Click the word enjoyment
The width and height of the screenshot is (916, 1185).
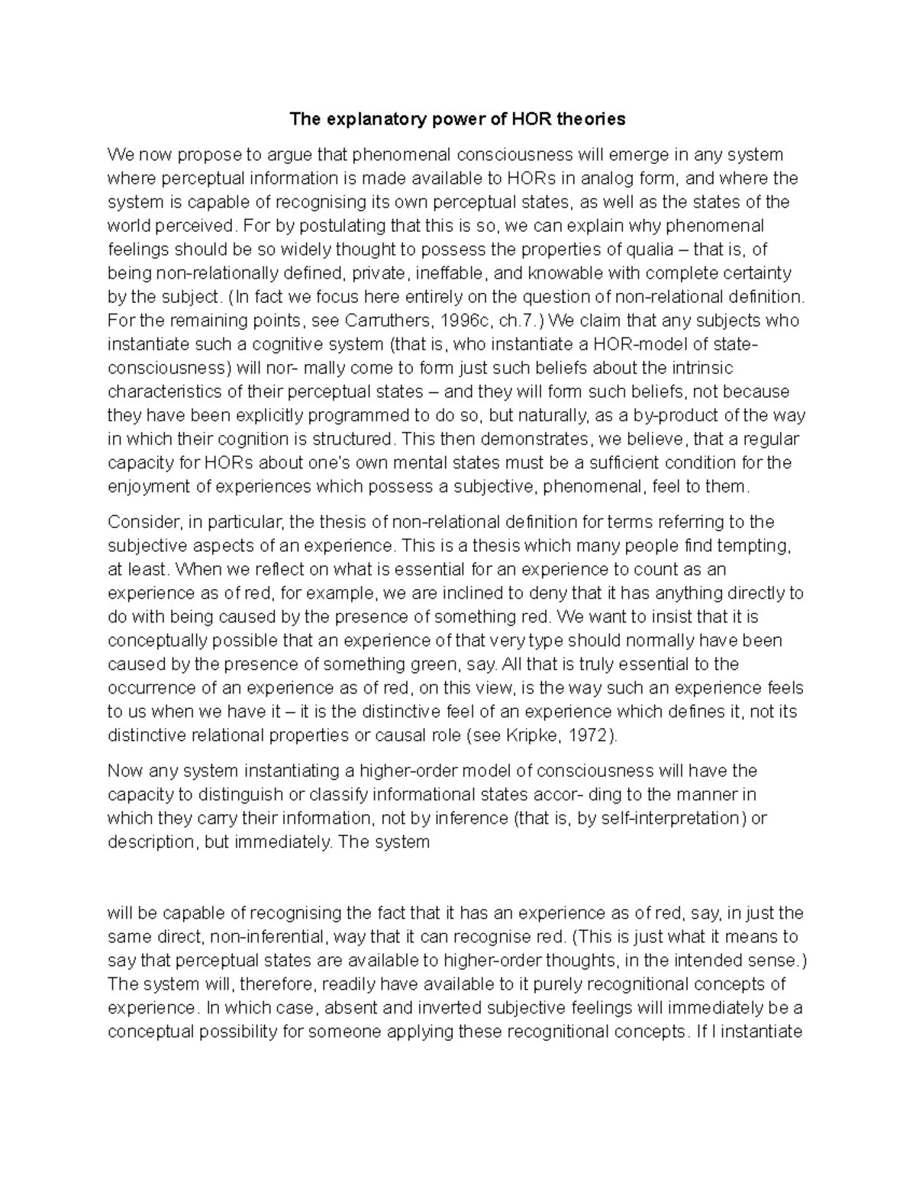pyautogui.click(x=147, y=486)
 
